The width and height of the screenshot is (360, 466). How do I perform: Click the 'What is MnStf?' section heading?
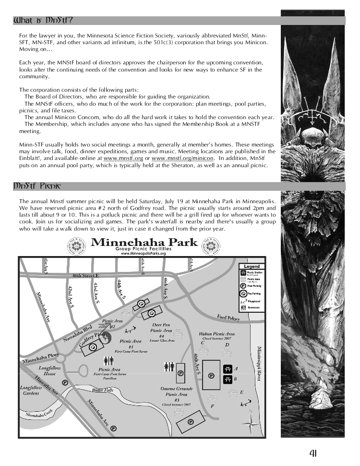tap(44, 21)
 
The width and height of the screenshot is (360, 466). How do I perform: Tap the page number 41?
tap(313, 453)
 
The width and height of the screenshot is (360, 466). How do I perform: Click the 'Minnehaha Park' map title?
tap(144, 242)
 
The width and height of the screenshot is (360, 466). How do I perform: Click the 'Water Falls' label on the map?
tap(102, 390)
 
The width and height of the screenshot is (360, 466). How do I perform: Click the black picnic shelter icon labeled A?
tap(228, 368)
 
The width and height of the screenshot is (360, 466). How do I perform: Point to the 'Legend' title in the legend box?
tap(252, 266)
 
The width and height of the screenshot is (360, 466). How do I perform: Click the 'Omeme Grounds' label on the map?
tap(177, 389)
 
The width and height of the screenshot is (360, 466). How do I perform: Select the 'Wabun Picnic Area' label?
tap(217, 333)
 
